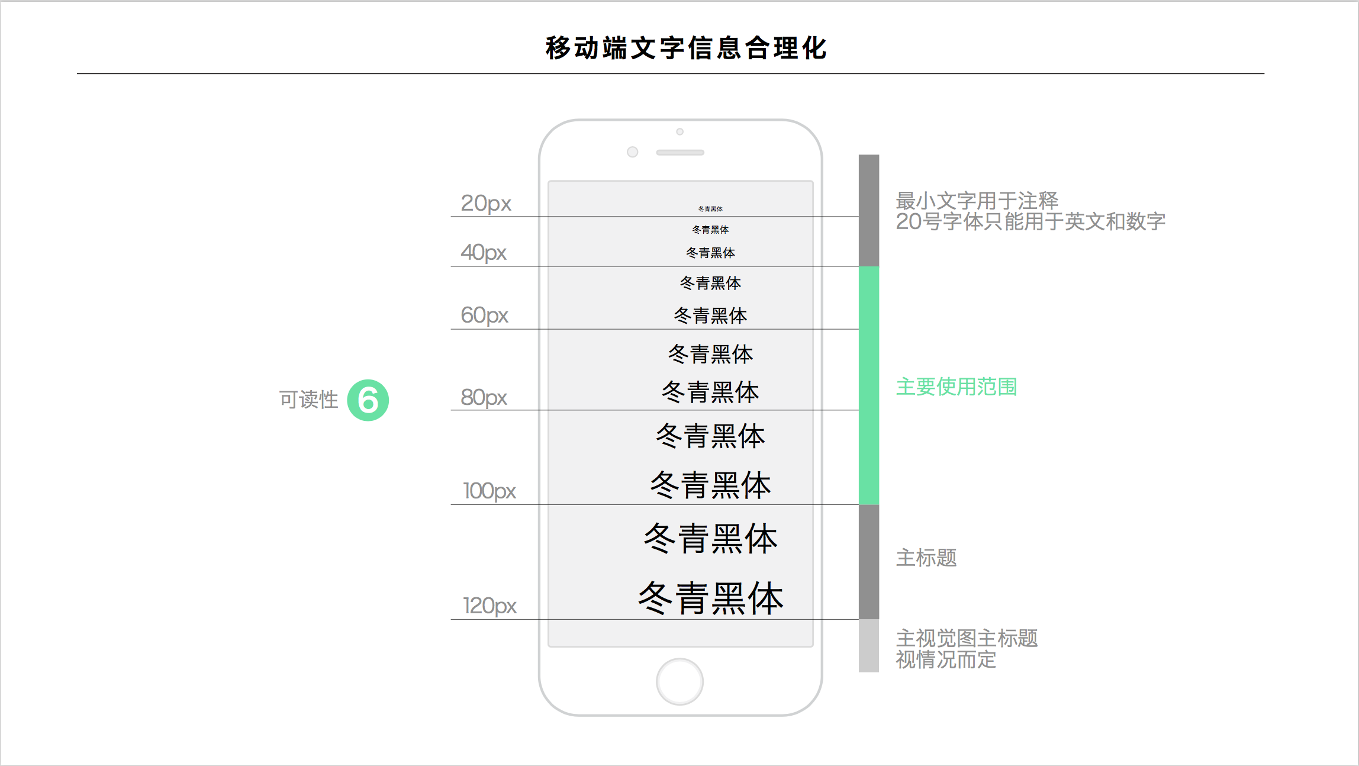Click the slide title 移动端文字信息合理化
(685, 48)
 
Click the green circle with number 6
(368, 400)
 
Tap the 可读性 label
(308, 400)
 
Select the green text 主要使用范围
(956, 387)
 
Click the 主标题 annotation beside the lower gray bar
(926, 558)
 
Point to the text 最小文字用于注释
(977, 201)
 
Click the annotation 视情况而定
(945, 659)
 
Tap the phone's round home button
(680, 681)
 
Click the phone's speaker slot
(680, 153)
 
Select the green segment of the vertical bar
(868, 385)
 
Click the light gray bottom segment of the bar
(868, 645)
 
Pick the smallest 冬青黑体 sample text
(710, 209)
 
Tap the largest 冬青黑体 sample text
(710, 598)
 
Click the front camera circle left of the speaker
(632, 152)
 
